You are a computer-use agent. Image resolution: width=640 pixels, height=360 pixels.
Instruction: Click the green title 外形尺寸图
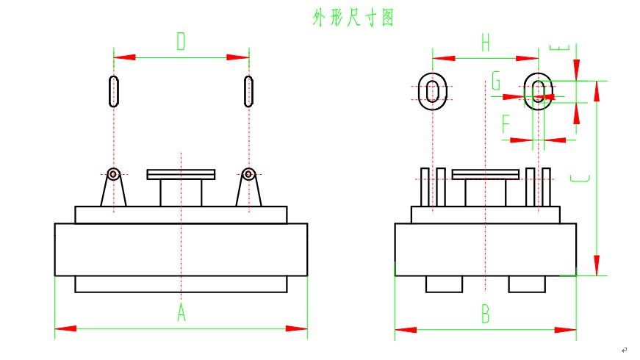click(x=353, y=18)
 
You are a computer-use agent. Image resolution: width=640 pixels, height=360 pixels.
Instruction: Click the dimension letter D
click(x=181, y=42)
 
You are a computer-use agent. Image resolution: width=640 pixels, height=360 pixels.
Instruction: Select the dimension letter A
click(x=181, y=314)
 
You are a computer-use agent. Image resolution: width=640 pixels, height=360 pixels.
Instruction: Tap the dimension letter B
click(x=485, y=315)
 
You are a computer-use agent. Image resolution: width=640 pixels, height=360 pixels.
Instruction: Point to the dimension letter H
click(x=485, y=43)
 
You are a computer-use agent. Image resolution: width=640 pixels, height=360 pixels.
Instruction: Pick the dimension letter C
click(x=580, y=179)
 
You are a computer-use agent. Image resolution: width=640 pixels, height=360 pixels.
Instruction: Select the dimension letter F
click(x=506, y=124)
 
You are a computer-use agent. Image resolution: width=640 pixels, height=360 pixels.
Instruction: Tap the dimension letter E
click(x=561, y=48)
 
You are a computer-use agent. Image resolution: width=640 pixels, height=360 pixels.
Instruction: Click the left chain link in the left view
click(x=113, y=91)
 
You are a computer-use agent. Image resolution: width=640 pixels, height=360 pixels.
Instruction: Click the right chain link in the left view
click(x=249, y=91)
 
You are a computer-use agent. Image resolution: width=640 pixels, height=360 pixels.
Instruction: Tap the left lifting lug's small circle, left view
click(x=113, y=174)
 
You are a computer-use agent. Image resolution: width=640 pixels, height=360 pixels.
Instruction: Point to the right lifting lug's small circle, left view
click(x=249, y=174)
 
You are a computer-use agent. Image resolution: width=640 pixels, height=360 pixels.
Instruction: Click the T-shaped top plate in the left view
click(x=181, y=175)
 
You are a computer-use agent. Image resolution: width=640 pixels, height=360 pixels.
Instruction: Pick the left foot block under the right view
click(x=444, y=283)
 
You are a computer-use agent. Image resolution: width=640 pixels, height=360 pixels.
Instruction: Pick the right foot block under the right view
click(x=526, y=283)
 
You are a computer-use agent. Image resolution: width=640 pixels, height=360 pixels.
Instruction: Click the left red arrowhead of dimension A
click(x=65, y=328)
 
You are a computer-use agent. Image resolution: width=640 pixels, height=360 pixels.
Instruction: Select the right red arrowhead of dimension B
click(x=566, y=330)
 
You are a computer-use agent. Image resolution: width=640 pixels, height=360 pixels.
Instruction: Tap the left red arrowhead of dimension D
click(x=124, y=57)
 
